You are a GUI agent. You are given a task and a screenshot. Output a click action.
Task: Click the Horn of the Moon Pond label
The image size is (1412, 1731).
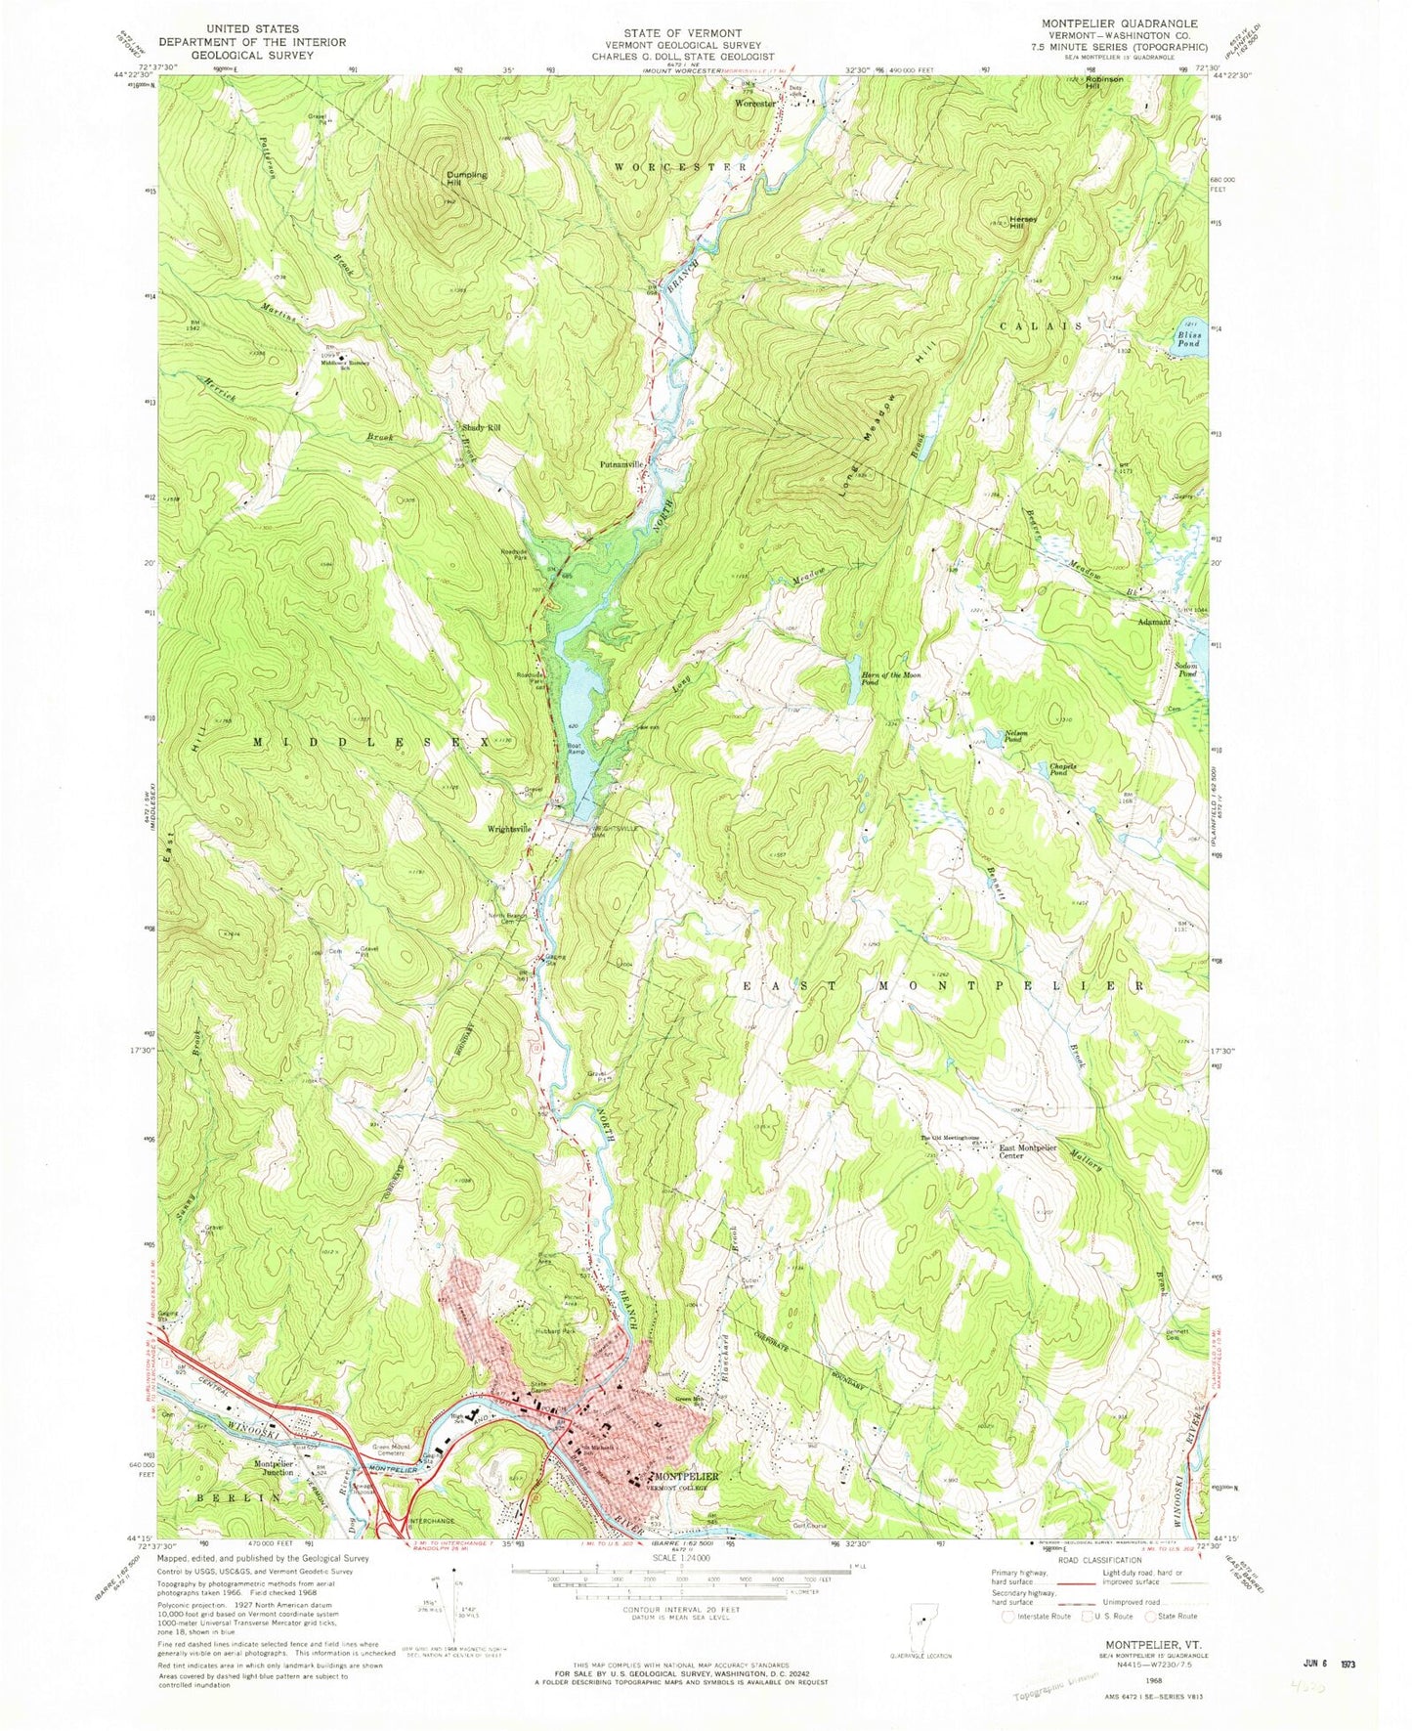click(888, 679)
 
